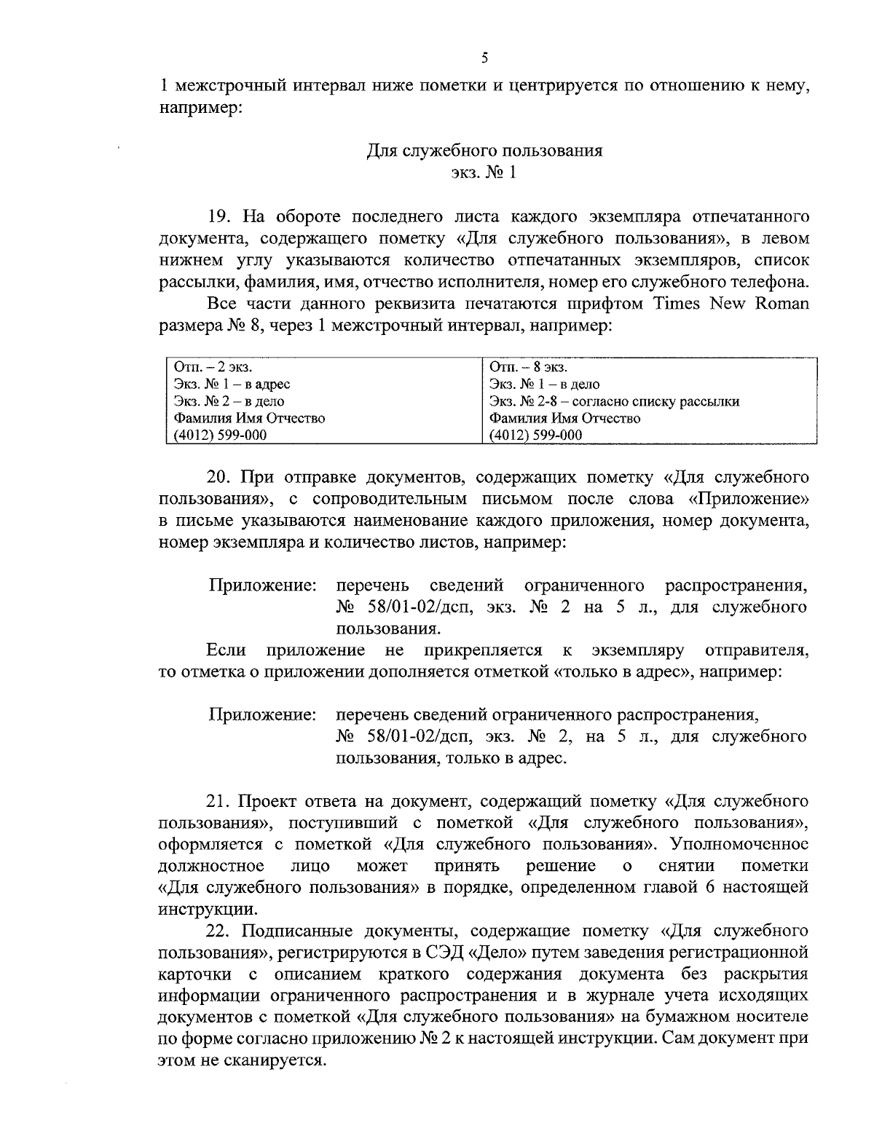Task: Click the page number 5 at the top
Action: click(x=484, y=58)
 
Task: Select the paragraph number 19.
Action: click(x=220, y=216)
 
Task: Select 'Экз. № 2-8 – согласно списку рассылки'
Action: click(x=614, y=401)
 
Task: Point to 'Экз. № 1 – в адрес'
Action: click(x=232, y=385)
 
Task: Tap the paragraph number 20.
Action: click(x=220, y=477)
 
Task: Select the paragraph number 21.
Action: click(x=220, y=801)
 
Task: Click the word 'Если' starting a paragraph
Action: click(x=225, y=650)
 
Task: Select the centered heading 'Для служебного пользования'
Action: click(x=484, y=151)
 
